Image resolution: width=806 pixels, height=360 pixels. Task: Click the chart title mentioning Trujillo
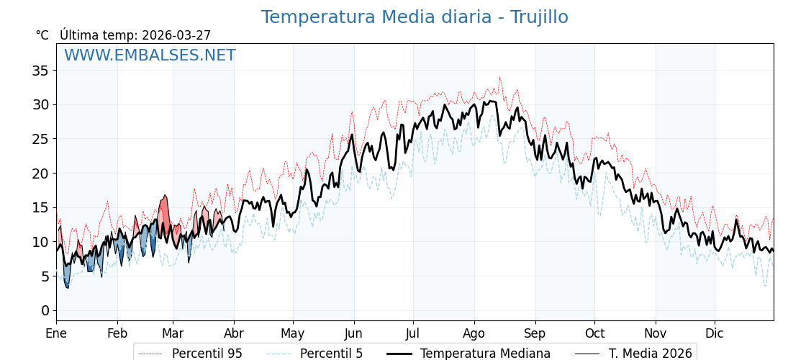point(414,17)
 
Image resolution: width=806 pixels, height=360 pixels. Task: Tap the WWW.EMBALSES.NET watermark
point(150,55)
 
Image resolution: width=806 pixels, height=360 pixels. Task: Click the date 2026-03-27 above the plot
point(176,35)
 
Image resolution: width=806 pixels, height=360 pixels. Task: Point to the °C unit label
point(42,35)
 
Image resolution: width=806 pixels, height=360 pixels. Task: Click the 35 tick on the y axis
point(40,71)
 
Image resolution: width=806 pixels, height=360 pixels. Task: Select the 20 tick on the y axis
point(40,174)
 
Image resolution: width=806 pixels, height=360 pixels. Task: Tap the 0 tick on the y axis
point(45,310)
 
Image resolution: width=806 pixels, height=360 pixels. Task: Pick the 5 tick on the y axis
point(45,276)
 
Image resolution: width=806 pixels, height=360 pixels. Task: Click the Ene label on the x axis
point(56,333)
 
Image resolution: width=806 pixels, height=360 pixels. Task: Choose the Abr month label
point(234,333)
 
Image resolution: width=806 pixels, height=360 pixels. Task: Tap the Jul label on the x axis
point(413,333)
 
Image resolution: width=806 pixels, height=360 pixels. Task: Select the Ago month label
point(474,333)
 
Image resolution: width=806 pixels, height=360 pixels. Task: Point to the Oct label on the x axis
point(594,333)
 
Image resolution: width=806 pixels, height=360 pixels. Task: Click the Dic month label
point(715,333)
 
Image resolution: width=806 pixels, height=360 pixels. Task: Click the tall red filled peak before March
point(164,209)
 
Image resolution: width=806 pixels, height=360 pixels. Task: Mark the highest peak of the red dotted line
point(499,78)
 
